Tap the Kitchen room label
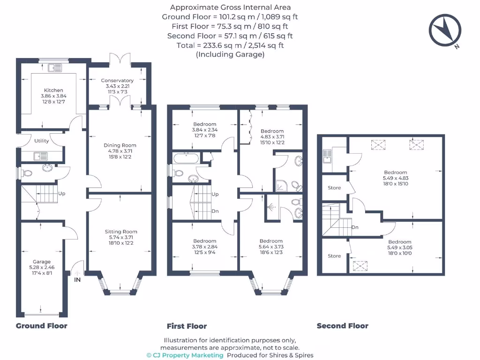tap(53, 90)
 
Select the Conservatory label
tap(117, 81)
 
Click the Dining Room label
tap(120, 145)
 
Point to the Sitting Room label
tap(121, 232)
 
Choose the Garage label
tap(41, 262)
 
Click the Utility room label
tap(41, 141)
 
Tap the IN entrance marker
tap(77, 280)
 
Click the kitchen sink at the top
tap(55, 67)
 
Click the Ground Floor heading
tap(42, 326)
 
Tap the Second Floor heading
tap(342, 326)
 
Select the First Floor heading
tap(187, 326)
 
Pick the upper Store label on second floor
tap(334, 188)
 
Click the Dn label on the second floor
tap(355, 227)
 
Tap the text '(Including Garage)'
tap(230, 54)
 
